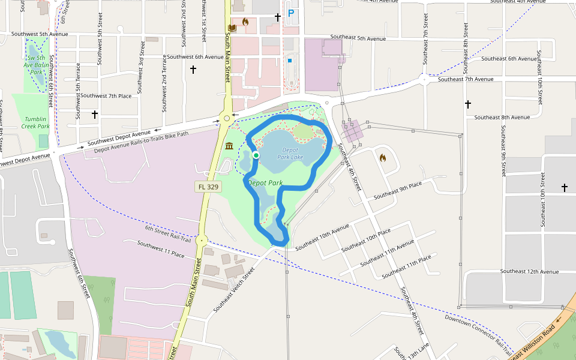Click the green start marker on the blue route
pos(256,155)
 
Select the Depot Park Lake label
pos(290,154)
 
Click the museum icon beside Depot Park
pos(229,146)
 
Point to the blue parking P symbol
pos(292,13)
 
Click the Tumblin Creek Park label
pos(35,122)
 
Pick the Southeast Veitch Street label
pos(235,290)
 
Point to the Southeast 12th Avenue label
pos(529,272)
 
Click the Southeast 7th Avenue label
pos(466,79)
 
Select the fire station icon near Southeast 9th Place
pos(382,158)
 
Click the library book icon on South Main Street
pos(233,28)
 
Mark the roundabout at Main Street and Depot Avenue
pos(227,118)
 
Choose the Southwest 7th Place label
pos(106,96)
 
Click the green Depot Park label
pos(265,182)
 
